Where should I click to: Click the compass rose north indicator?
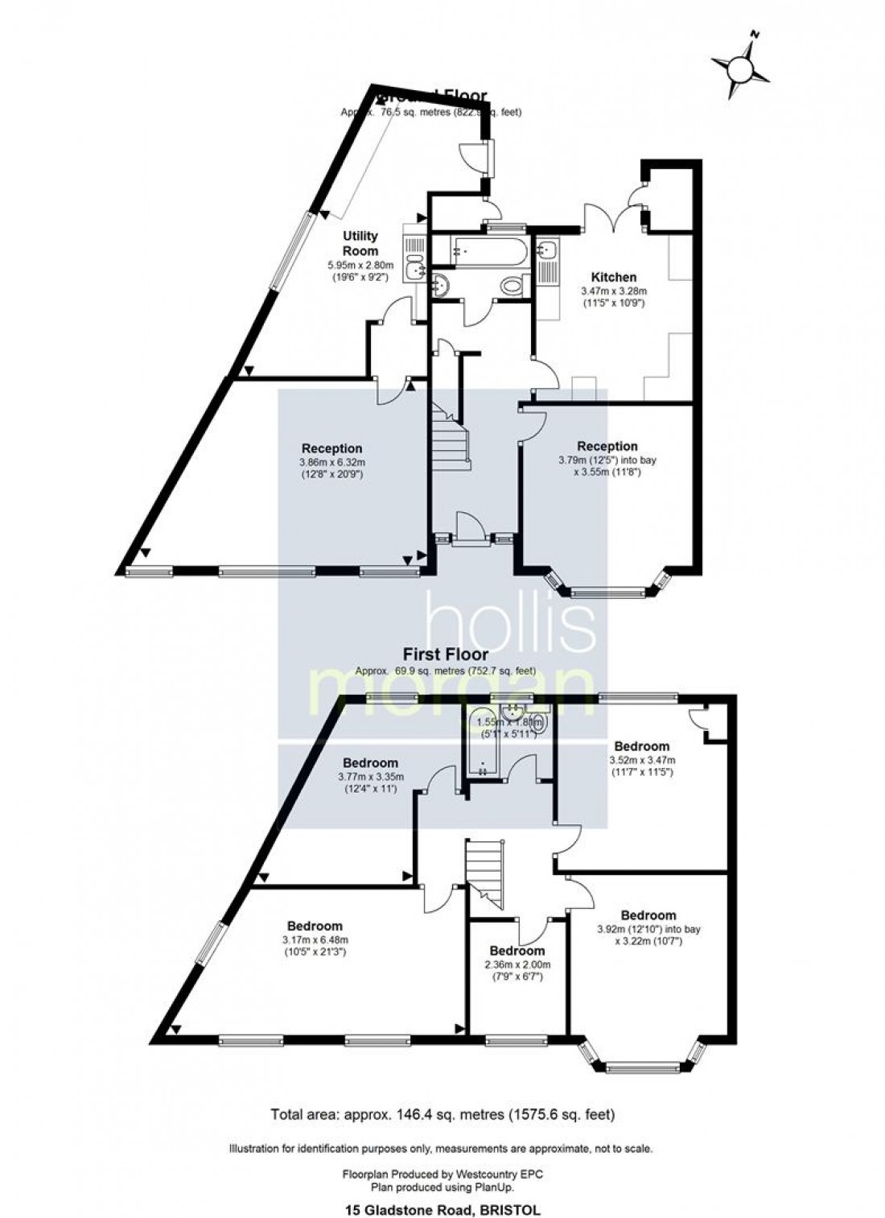(740, 68)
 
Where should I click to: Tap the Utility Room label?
(360, 243)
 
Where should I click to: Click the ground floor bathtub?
(489, 250)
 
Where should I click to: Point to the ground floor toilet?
(512, 285)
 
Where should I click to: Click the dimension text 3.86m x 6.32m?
(332, 463)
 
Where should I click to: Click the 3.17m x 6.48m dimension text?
(315, 940)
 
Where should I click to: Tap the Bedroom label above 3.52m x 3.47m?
(641, 746)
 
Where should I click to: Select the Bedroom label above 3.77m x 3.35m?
(370, 763)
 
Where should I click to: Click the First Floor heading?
(446, 656)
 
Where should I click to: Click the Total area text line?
(442, 1115)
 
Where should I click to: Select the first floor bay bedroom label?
(648, 915)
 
